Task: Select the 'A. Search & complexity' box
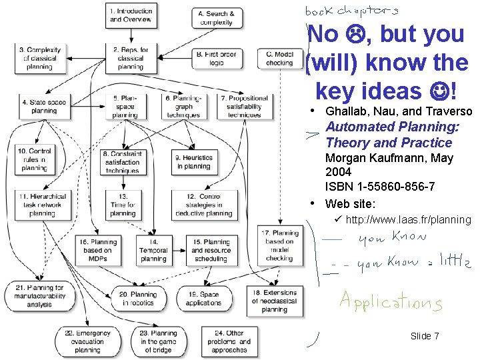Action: coord(216,18)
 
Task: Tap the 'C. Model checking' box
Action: coord(279,59)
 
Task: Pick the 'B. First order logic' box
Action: coord(215,59)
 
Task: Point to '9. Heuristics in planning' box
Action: coord(194,162)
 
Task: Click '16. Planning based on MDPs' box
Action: coord(97,250)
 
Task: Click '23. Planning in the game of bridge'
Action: coord(159,341)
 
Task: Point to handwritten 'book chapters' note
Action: coord(352,11)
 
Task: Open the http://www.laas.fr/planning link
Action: coord(408,219)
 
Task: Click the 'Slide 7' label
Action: coord(425,336)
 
